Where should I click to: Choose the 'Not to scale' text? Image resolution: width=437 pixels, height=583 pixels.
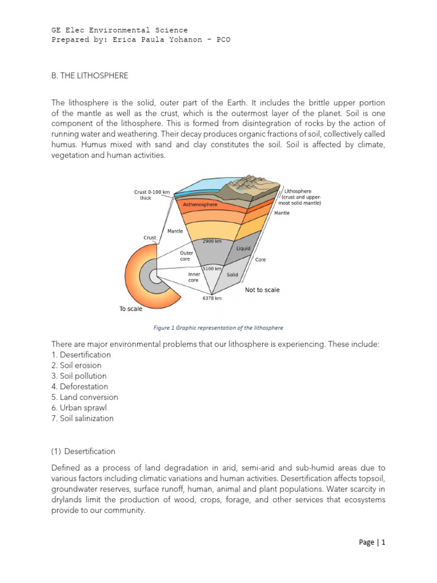(262, 290)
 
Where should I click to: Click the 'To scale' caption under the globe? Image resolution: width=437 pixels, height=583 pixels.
(131, 309)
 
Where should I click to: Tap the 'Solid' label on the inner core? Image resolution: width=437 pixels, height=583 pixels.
(232, 274)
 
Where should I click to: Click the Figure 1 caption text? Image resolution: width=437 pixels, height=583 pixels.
(218, 328)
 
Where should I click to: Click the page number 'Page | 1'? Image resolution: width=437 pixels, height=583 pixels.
(372, 543)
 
